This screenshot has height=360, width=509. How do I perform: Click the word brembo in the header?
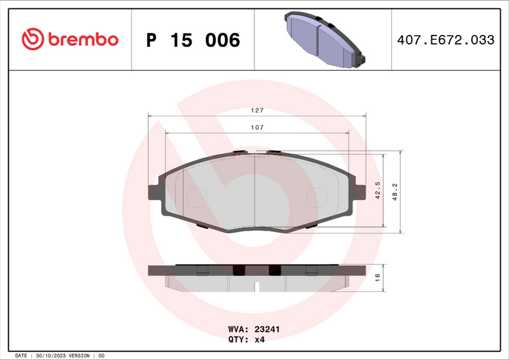tap(81, 39)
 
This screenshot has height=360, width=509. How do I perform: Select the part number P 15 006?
tap(193, 40)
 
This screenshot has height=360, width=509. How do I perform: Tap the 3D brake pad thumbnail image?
tap(322, 39)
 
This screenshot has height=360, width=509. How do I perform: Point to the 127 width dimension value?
tap(256, 110)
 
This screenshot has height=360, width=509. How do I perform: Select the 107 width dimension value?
tap(256, 127)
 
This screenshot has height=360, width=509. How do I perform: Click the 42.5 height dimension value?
tap(377, 191)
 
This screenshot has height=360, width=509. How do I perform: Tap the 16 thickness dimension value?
tap(377, 277)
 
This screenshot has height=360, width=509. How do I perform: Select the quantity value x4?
tap(259, 340)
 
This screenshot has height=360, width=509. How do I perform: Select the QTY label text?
tap(239, 340)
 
